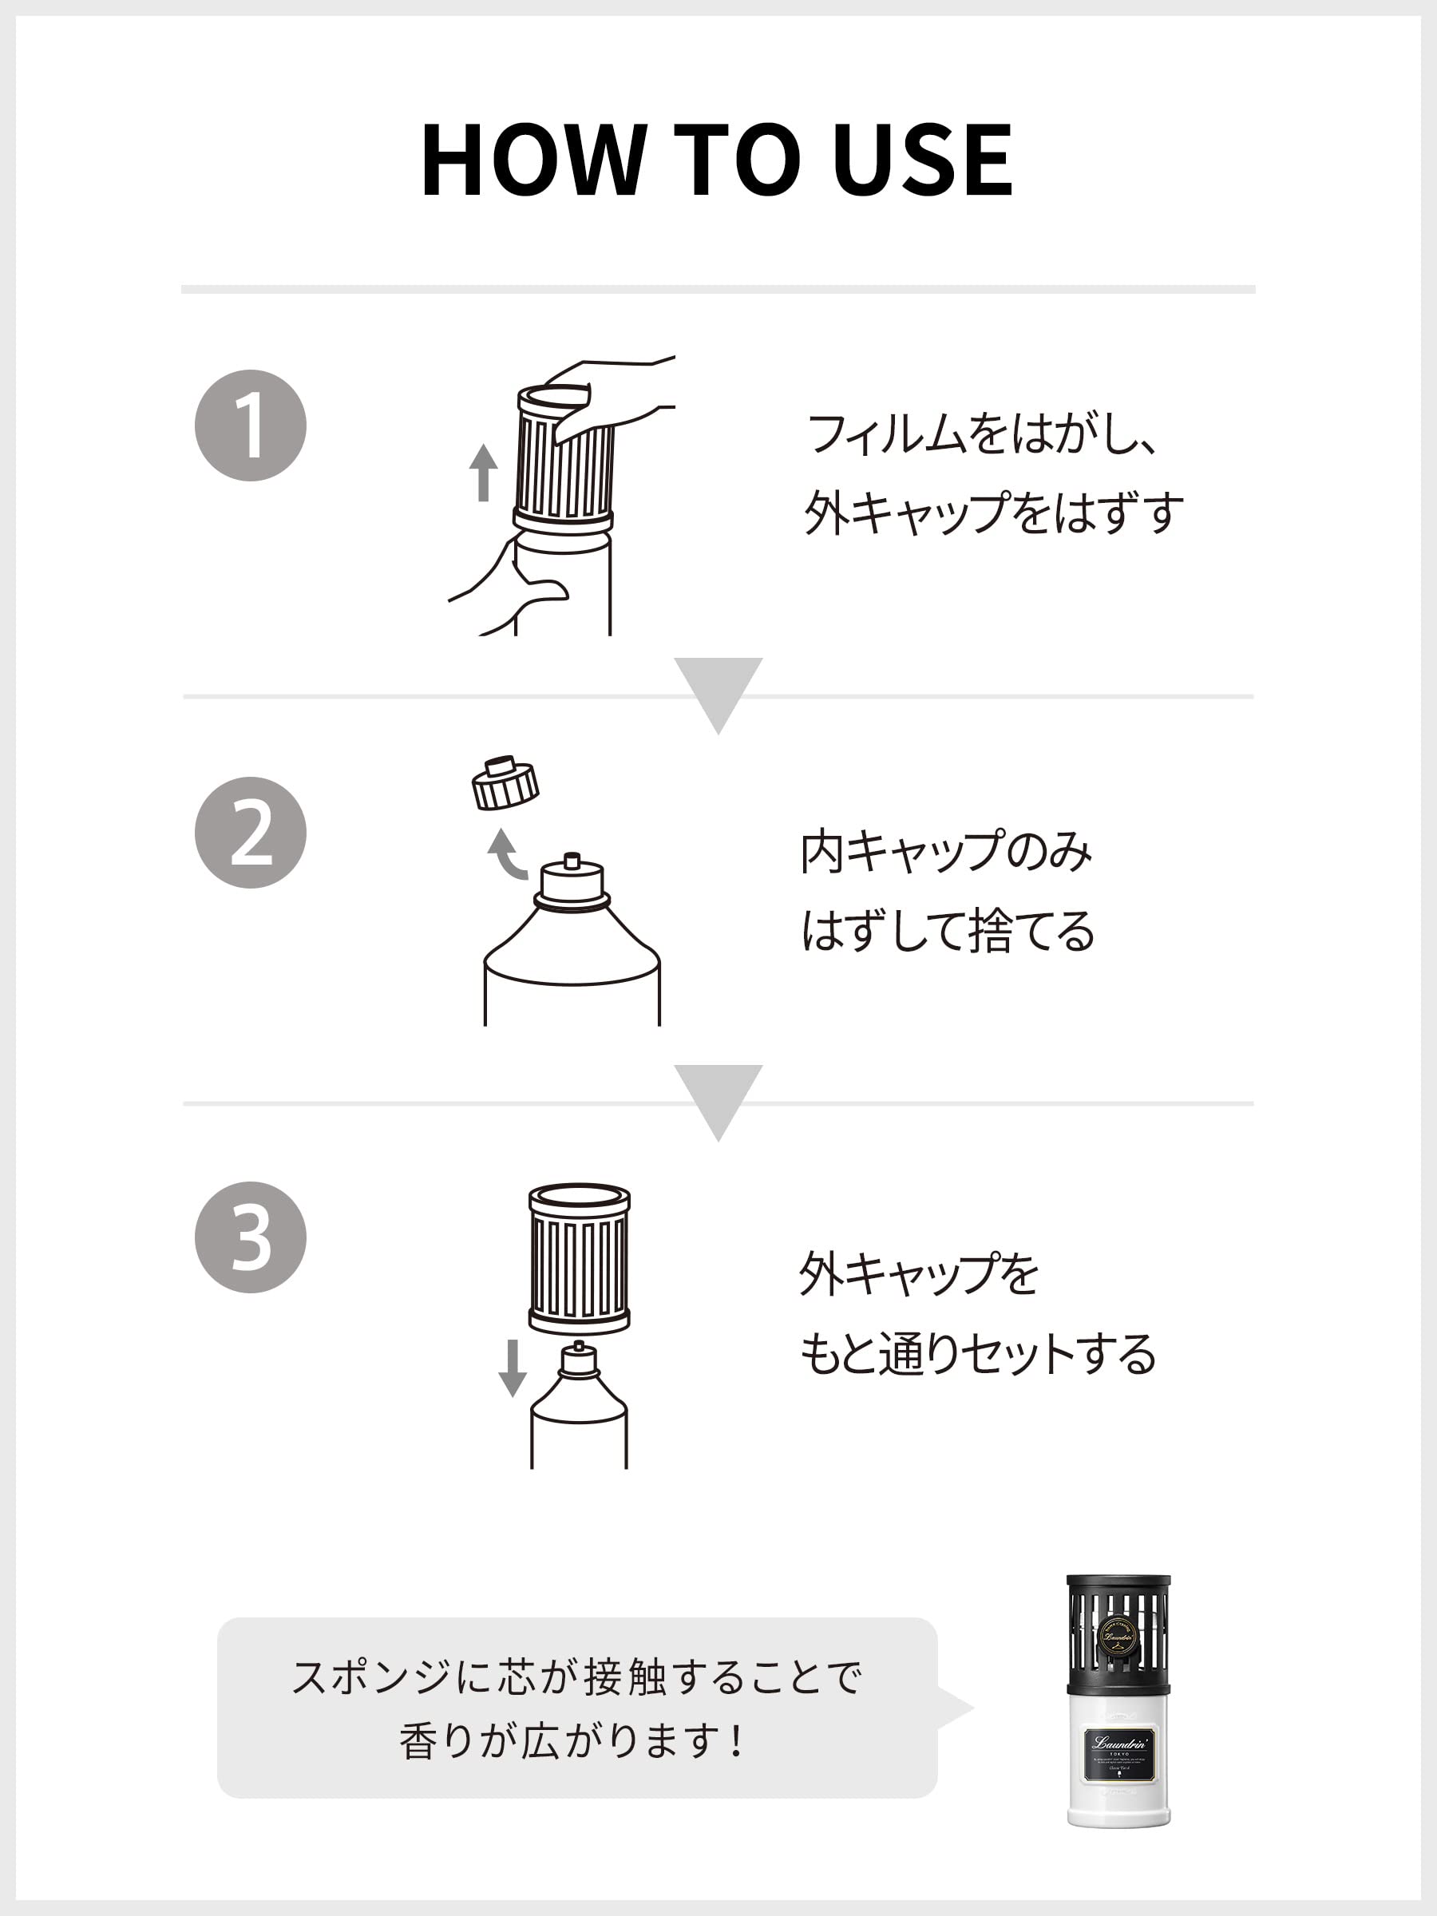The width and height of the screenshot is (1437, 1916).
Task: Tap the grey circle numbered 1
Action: pyautogui.click(x=251, y=426)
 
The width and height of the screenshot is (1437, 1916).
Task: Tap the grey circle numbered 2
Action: pyautogui.click(x=251, y=833)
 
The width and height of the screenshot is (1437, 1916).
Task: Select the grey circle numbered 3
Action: pyautogui.click(x=251, y=1237)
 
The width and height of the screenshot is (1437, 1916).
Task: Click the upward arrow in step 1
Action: pyautogui.click(x=483, y=472)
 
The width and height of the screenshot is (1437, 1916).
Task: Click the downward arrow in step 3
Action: pyautogui.click(x=512, y=1368)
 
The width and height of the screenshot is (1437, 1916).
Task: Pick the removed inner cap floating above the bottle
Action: pyautogui.click(x=505, y=783)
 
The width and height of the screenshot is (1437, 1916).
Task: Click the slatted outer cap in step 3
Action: pyautogui.click(x=579, y=1258)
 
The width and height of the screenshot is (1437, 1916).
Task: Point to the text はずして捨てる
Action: pyautogui.click(x=948, y=931)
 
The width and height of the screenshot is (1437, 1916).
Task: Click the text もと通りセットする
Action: pyautogui.click(x=977, y=1353)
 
